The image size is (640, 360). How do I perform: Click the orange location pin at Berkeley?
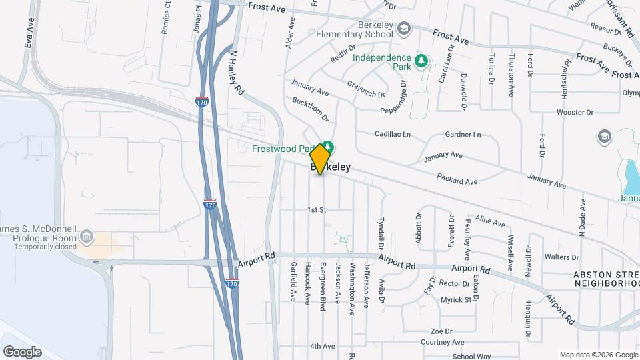(320, 159)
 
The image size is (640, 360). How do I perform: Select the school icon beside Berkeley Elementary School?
(404, 29)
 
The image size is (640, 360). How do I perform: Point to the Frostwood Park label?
(283, 149)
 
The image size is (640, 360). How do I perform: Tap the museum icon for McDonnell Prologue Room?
(86, 236)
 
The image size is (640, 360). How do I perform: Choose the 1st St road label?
(316, 210)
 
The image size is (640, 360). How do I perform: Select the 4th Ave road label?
(322, 346)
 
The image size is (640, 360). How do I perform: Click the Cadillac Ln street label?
(392, 134)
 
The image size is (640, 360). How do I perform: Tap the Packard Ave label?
(457, 179)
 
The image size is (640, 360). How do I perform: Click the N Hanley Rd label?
(237, 71)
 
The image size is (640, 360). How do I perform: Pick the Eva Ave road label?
(29, 32)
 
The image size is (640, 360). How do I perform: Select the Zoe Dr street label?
(441, 331)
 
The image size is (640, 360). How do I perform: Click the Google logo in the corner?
(22, 351)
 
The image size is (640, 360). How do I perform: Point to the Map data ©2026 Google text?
(598, 355)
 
